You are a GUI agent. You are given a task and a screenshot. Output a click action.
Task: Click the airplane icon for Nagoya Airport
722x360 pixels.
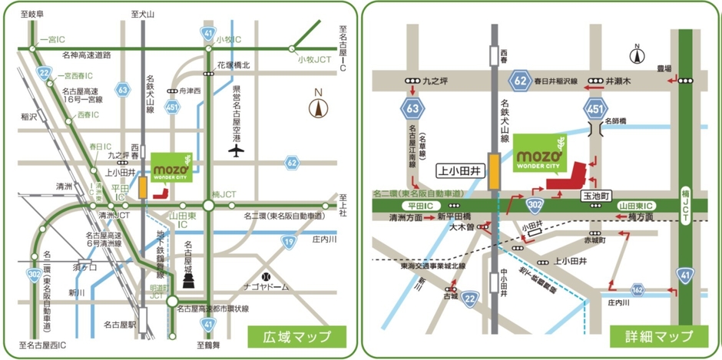click(236, 149)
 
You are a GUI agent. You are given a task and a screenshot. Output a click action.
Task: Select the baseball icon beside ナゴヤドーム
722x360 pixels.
click(266, 274)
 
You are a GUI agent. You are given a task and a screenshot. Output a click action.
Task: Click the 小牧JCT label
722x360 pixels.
click(312, 58)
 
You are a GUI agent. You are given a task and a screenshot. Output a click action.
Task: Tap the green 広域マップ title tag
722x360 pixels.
click(296, 336)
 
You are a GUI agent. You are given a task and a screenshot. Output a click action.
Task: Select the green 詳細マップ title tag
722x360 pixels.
click(658, 336)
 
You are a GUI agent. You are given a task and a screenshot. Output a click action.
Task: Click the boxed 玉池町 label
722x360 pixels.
click(595, 197)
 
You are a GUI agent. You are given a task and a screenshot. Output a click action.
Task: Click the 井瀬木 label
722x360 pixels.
click(618, 79)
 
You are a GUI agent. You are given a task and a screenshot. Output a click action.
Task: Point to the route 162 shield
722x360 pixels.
click(637, 290)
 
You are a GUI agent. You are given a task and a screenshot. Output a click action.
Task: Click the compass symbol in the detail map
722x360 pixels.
click(637, 55)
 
